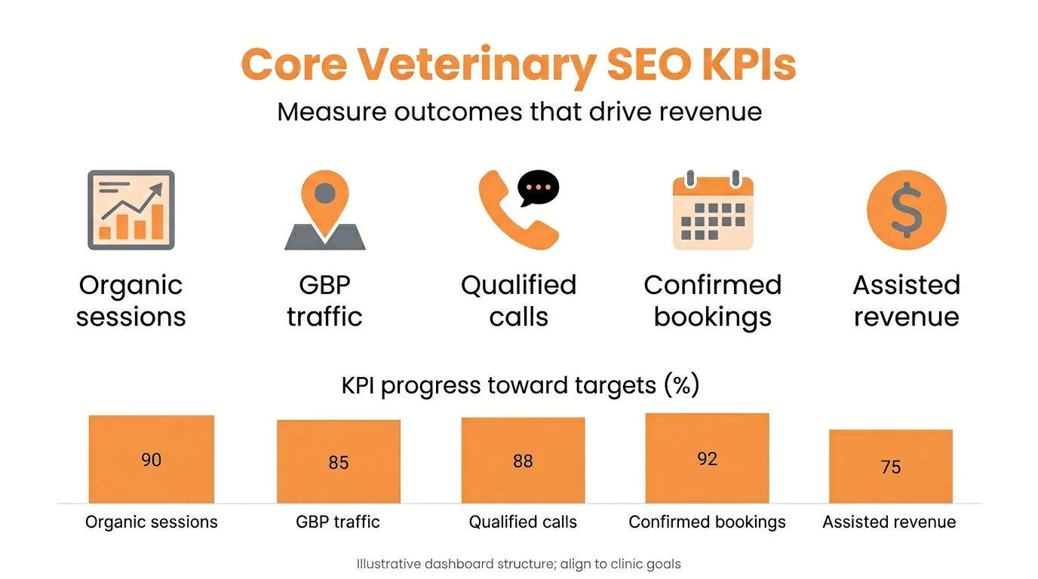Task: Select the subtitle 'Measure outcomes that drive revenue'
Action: click(519, 112)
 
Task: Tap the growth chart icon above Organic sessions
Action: click(131, 210)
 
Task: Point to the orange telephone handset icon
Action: click(513, 215)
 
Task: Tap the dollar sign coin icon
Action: click(906, 210)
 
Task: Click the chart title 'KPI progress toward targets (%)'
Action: click(521, 385)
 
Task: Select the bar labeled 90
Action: click(152, 459)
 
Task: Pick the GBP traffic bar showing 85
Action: click(339, 461)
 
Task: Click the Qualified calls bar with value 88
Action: click(523, 460)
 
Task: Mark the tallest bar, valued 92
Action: click(707, 458)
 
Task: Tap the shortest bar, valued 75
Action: click(891, 466)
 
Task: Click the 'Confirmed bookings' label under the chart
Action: click(707, 522)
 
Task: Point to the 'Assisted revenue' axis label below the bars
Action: click(889, 522)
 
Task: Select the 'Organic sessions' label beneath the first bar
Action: click(152, 522)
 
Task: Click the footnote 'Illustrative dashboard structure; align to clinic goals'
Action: click(519, 563)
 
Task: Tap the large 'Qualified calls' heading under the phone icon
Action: click(519, 300)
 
